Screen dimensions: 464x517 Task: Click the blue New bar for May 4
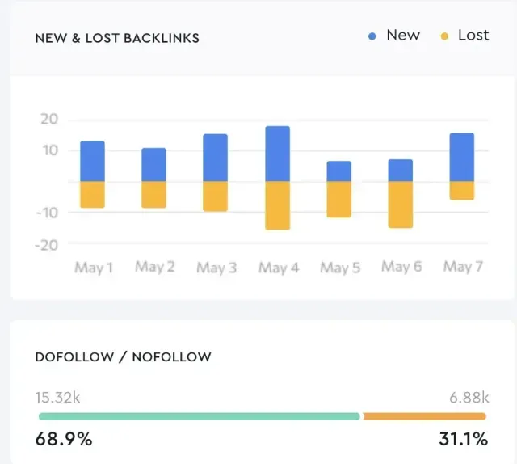tap(277, 154)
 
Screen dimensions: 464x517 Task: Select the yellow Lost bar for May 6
tap(400, 205)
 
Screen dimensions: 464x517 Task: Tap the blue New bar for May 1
tap(92, 161)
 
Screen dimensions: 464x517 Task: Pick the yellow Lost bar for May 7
tap(461, 191)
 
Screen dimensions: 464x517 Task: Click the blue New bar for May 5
tap(338, 171)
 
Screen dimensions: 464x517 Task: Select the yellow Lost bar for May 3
tap(215, 196)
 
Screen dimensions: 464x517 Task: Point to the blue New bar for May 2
tap(153, 165)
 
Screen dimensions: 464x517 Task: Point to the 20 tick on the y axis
tap(49, 120)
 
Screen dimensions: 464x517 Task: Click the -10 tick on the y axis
tap(47, 213)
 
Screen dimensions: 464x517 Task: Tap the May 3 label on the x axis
tap(216, 268)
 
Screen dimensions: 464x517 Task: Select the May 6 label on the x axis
tap(401, 267)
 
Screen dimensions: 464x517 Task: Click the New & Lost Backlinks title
tap(117, 38)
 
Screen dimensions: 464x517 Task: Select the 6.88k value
tap(469, 397)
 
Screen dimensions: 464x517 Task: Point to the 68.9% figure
tap(64, 440)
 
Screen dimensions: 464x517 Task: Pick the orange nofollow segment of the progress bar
tap(424, 416)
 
